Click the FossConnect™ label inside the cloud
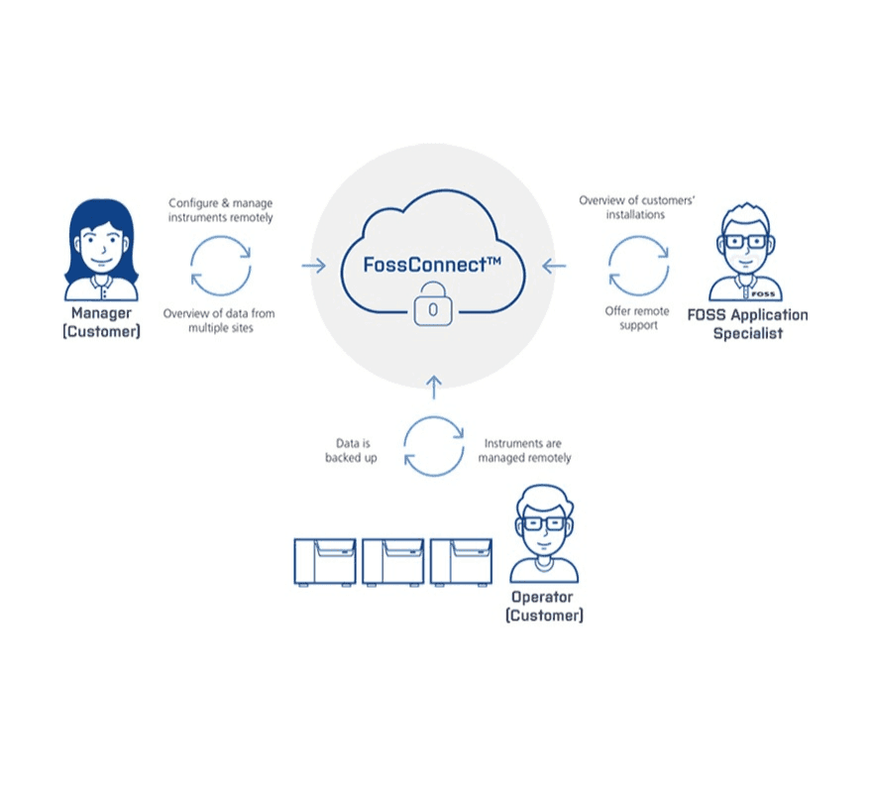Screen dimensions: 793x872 click(x=433, y=266)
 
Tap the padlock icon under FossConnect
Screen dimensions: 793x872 click(x=432, y=305)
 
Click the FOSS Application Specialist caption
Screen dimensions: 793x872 click(x=747, y=324)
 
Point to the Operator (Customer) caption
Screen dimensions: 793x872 click(x=544, y=606)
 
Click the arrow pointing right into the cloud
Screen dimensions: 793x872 click(x=313, y=265)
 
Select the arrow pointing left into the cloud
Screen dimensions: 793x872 click(x=555, y=265)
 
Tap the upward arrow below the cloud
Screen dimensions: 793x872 click(x=433, y=386)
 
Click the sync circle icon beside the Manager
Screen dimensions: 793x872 click(x=221, y=265)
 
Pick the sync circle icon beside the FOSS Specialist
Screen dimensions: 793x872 click(x=638, y=265)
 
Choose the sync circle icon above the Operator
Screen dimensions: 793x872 click(x=434, y=445)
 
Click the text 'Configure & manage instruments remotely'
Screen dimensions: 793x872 click(x=221, y=209)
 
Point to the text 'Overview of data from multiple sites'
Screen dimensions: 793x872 click(x=220, y=320)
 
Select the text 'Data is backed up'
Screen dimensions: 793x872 click(x=351, y=451)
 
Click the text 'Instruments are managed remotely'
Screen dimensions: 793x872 click(x=524, y=451)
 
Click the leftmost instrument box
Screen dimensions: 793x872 click(x=324, y=562)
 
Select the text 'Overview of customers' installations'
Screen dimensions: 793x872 click(x=637, y=207)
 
